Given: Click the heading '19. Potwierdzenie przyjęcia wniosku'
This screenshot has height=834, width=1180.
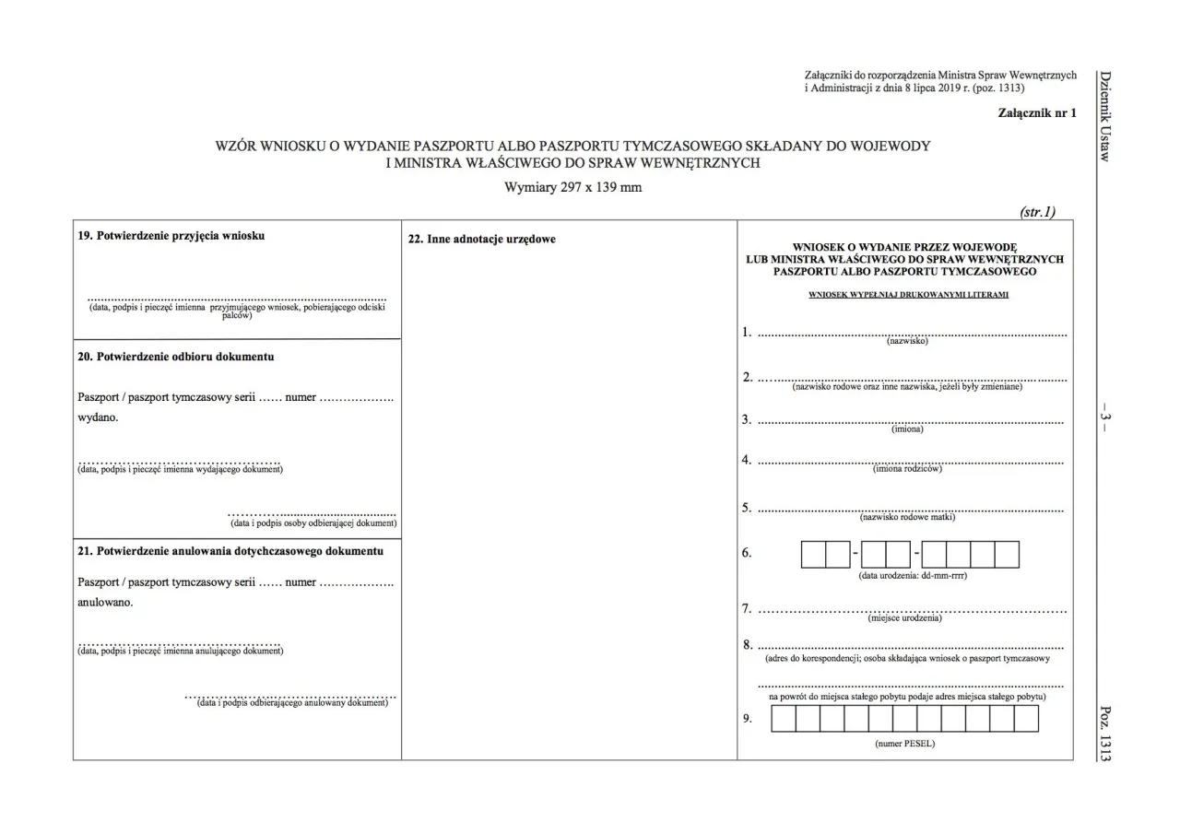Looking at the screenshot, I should [x=172, y=236].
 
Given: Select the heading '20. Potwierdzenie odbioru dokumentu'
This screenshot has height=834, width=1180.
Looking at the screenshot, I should [x=176, y=357].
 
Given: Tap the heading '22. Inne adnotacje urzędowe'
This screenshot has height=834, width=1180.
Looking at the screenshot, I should [x=482, y=240].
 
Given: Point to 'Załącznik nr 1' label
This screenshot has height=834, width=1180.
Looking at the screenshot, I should [x=1037, y=113].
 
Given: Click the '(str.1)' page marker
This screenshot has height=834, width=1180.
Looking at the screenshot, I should [x=1038, y=212].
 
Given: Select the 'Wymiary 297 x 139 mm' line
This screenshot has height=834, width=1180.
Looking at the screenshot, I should [x=572, y=187].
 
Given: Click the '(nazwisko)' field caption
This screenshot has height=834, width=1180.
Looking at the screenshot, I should [x=907, y=342].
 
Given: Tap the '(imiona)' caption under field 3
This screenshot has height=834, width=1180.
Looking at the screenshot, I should [x=907, y=429].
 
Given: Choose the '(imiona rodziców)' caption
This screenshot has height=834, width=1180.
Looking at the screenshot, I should [x=908, y=469].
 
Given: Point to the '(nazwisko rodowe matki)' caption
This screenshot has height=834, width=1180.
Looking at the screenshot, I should [x=908, y=517].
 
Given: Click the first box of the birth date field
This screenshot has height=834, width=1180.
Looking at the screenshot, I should [x=813, y=555].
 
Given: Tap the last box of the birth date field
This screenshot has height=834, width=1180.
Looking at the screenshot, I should [x=1007, y=555].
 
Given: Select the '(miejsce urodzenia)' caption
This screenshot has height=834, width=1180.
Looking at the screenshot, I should [x=908, y=618].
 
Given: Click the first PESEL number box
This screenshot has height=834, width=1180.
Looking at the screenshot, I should [x=784, y=719].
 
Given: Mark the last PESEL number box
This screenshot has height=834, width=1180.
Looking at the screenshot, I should [x=1026, y=719].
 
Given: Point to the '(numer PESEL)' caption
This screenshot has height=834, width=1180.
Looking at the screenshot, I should [x=904, y=744].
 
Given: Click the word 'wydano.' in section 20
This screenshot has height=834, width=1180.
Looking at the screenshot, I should [x=99, y=417].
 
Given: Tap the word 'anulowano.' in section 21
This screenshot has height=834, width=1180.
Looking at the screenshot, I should [x=106, y=603].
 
